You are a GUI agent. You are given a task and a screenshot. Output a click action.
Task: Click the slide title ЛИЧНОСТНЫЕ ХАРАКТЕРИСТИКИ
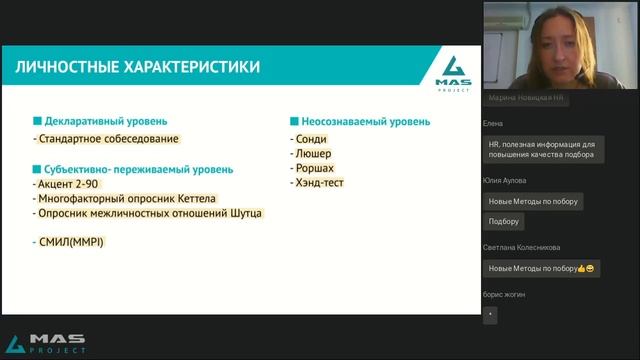(138, 67)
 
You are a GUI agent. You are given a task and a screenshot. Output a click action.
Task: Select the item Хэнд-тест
(317, 183)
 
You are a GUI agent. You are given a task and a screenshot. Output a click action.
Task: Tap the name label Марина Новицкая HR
(525, 99)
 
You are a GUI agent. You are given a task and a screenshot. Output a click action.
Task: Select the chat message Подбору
(504, 221)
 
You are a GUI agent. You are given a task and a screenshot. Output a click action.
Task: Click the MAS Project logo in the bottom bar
(45, 343)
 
